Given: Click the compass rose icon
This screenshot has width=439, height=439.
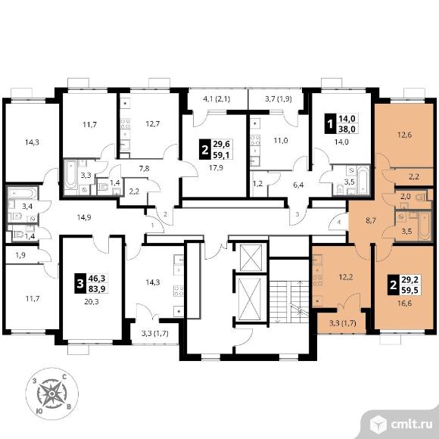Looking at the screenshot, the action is (51, 394).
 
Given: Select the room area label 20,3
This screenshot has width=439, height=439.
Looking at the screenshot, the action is (92, 302).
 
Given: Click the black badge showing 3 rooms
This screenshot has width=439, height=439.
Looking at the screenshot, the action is (80, 284).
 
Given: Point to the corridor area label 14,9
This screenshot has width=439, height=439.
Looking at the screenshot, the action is (84, 217).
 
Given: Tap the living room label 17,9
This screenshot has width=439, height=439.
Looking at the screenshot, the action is (216, 168).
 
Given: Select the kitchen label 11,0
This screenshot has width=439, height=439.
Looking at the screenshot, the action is (281, 140).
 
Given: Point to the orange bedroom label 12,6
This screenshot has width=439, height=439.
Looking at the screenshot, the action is (404, 135).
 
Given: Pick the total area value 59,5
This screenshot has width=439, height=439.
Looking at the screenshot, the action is (409, 290).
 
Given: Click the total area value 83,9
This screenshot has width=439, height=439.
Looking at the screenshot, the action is (97, 288).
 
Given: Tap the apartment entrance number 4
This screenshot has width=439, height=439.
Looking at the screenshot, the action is (339, 223).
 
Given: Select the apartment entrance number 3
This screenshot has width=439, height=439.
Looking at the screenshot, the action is (297, 214).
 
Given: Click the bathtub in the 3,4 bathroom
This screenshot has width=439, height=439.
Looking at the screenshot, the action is (22, 193).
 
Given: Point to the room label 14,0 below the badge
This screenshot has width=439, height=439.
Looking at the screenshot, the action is (341, 142).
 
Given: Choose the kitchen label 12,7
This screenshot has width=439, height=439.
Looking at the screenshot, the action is (153, 123).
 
